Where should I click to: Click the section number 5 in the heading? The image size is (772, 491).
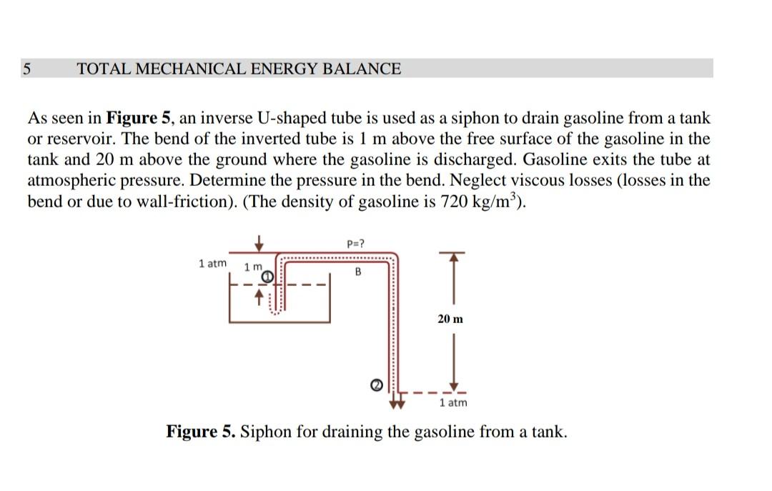[27, 69]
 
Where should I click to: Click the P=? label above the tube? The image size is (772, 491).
[356, 244]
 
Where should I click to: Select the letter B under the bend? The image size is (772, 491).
[357, 272]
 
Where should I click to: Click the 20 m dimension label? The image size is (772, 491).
[450, 319]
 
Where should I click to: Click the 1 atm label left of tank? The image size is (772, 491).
[212, 263]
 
